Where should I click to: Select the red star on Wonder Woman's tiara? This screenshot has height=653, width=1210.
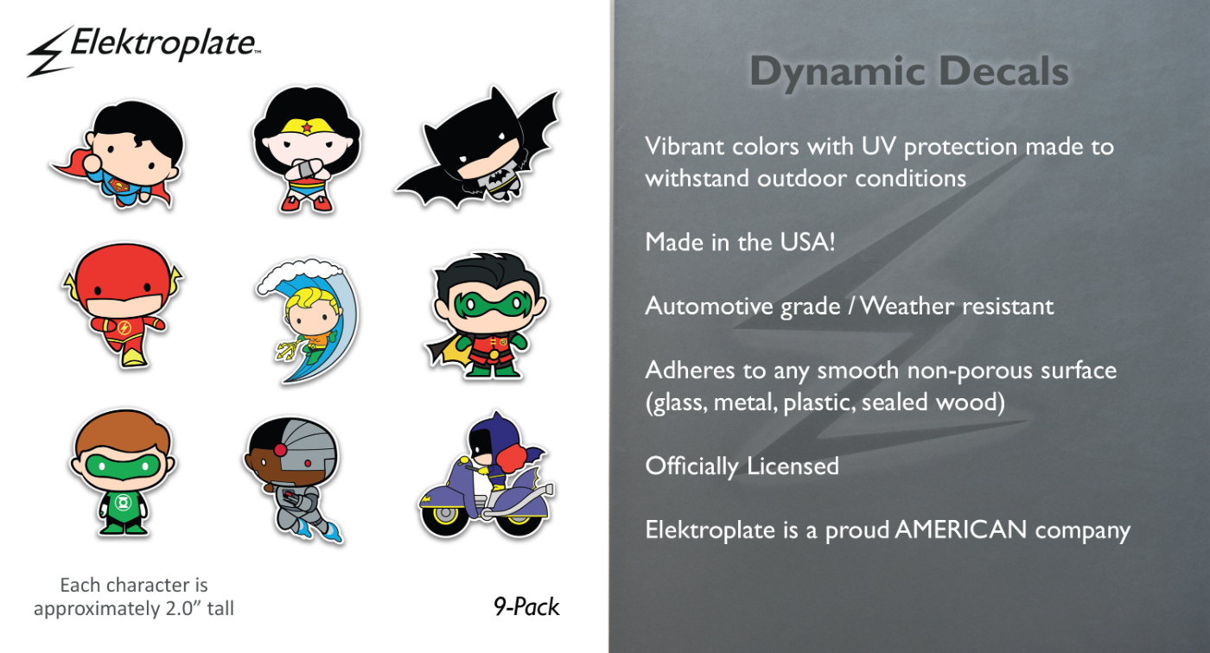coord(307,127)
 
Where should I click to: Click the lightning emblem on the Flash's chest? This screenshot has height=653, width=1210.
coord(124,327)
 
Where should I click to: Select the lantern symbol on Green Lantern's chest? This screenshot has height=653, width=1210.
coord(123,504)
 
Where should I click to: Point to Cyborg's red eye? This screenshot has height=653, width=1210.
coord(308,463)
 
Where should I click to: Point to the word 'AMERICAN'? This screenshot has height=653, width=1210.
coord(961,529)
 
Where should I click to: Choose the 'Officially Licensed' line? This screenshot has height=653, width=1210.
coord(742,466)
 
